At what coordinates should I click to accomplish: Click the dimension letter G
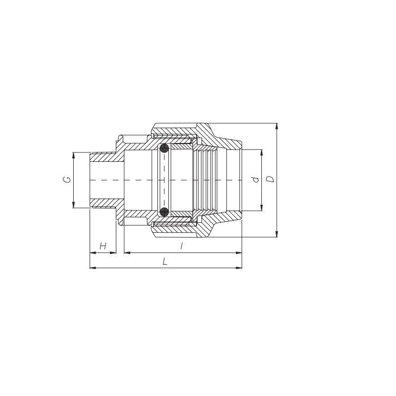(x=67, y=180)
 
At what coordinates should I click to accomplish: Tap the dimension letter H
(x=103, y=246)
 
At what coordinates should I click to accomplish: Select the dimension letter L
(x=165, y=261)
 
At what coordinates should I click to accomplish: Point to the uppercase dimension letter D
(x=270, y=179)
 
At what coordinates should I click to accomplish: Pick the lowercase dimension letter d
(x=256, y=179)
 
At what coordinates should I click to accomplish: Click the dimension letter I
(x=181, y=246)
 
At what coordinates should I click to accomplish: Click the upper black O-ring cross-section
(x=164, y=148)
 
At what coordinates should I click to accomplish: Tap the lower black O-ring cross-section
(x=164, y=212)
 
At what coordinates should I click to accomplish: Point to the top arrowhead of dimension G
(x=73, y=155)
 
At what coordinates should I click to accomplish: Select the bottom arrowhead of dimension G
(x=73, y=205)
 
